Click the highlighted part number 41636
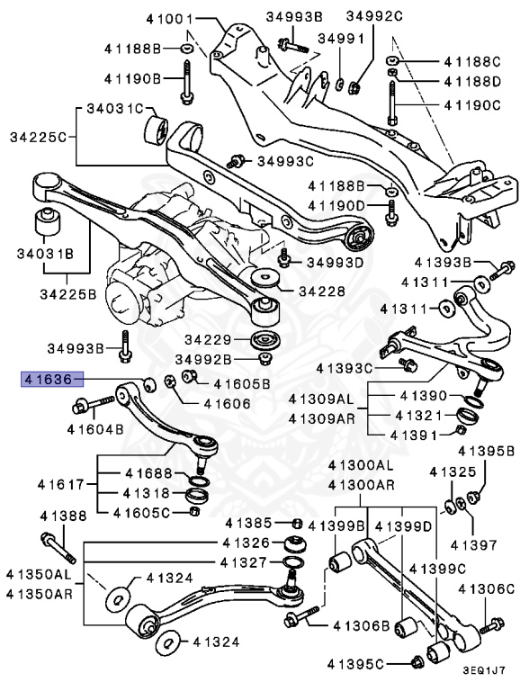(53, 379)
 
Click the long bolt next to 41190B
(184, 82)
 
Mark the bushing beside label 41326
(294, 544)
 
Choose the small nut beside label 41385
(295, 524)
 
